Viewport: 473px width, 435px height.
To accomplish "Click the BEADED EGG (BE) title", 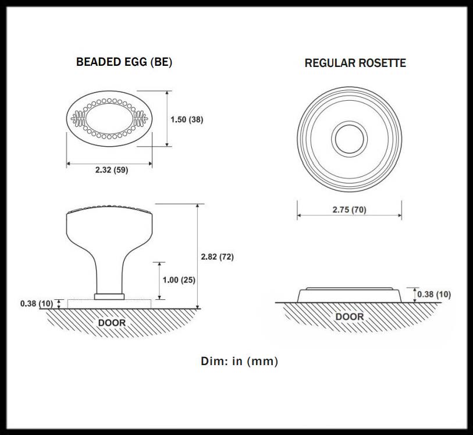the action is pyautogui.click(x=124, y=62).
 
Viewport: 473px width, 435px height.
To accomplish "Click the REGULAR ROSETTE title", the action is pyautogui.click(x=355, y=63).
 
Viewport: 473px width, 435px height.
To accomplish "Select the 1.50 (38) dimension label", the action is pyautogui.click(x=187, y=119).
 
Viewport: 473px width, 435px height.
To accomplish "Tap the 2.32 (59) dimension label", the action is pyautogui.click(x=112, y=170).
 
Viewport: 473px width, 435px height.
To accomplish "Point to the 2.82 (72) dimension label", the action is pyautogui.click(x=217, y=257).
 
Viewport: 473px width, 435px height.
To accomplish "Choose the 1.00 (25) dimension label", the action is pyautogui.click(x=179, y=280).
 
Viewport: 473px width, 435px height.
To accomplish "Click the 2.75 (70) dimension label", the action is pyautogui.click(x=349, y=210).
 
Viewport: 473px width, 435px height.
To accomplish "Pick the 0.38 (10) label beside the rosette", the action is pyautogui.click(x=435, y=294).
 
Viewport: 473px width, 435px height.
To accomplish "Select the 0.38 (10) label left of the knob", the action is pyautogui.click(x=37, y=303).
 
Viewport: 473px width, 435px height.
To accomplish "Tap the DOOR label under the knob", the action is pyautogui.click(x=112, y=323).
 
